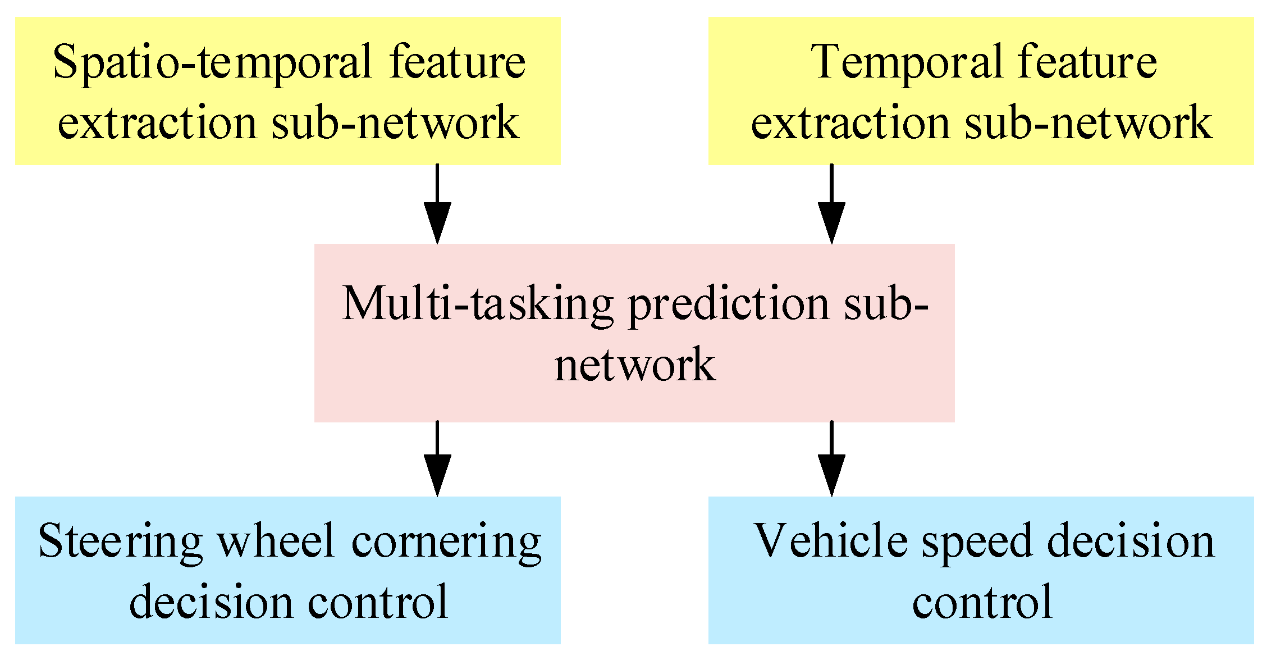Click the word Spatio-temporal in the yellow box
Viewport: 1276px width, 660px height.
tap(212, 62)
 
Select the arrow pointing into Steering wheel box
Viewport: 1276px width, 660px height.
tap(437, 459)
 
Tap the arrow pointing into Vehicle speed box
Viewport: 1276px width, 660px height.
tap(831, 459)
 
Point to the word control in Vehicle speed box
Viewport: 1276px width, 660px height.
tap(982, 602)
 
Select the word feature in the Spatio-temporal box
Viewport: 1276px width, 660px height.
tap(457, 61)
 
